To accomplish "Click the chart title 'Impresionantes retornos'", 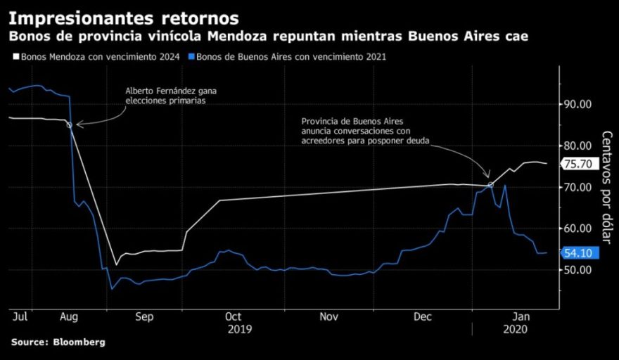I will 123,18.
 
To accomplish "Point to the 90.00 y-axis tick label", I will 579,105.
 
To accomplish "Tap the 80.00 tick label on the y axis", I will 579,146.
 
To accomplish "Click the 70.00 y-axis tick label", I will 579,188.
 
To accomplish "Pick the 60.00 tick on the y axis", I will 579,229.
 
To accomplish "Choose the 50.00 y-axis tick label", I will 579,271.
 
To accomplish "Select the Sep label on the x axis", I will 143,317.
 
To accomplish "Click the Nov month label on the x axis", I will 330,317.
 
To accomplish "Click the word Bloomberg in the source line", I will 77,342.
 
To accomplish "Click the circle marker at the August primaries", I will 69,125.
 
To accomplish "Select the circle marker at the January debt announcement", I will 490,185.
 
